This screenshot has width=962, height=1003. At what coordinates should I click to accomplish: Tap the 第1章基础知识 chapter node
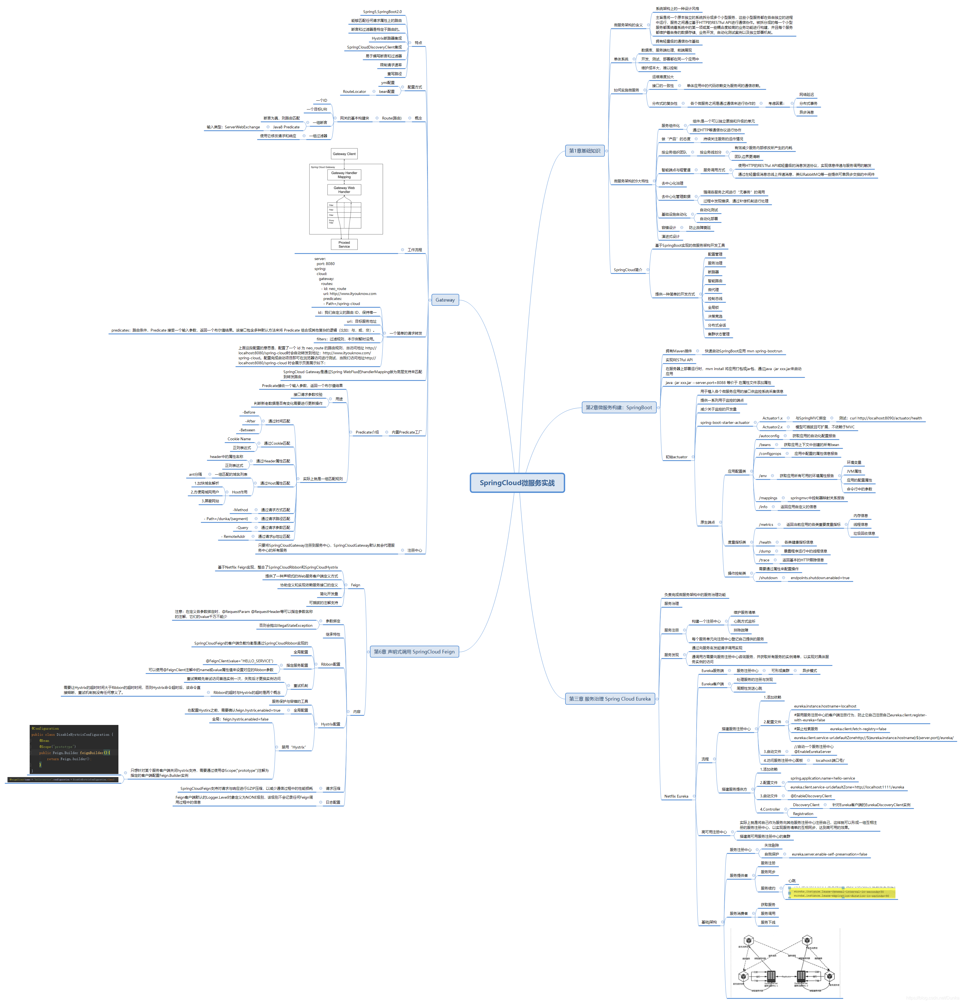[x=584, y=151]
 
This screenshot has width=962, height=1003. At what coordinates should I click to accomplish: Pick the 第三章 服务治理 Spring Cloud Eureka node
[x=609, y=699]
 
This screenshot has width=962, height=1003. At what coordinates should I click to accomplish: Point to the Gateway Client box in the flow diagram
[x=344, y=154]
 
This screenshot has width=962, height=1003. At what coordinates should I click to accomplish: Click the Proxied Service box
[x=344, y=245]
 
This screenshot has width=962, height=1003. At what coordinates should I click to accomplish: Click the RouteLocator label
[x=354, y=91]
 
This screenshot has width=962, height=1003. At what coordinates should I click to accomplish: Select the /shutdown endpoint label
[x=768, y=578]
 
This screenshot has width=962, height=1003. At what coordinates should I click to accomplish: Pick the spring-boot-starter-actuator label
[x=724, y=423]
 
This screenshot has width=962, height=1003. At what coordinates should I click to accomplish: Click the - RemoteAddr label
[x=233, y=536]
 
